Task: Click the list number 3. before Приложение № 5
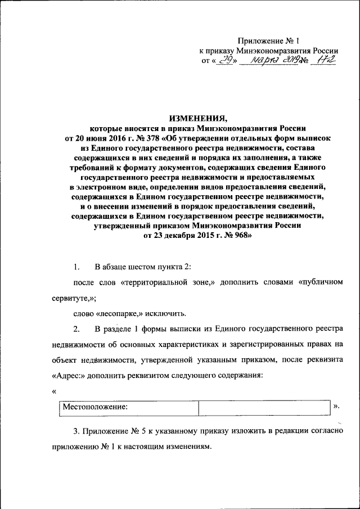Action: click(78, 431)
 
